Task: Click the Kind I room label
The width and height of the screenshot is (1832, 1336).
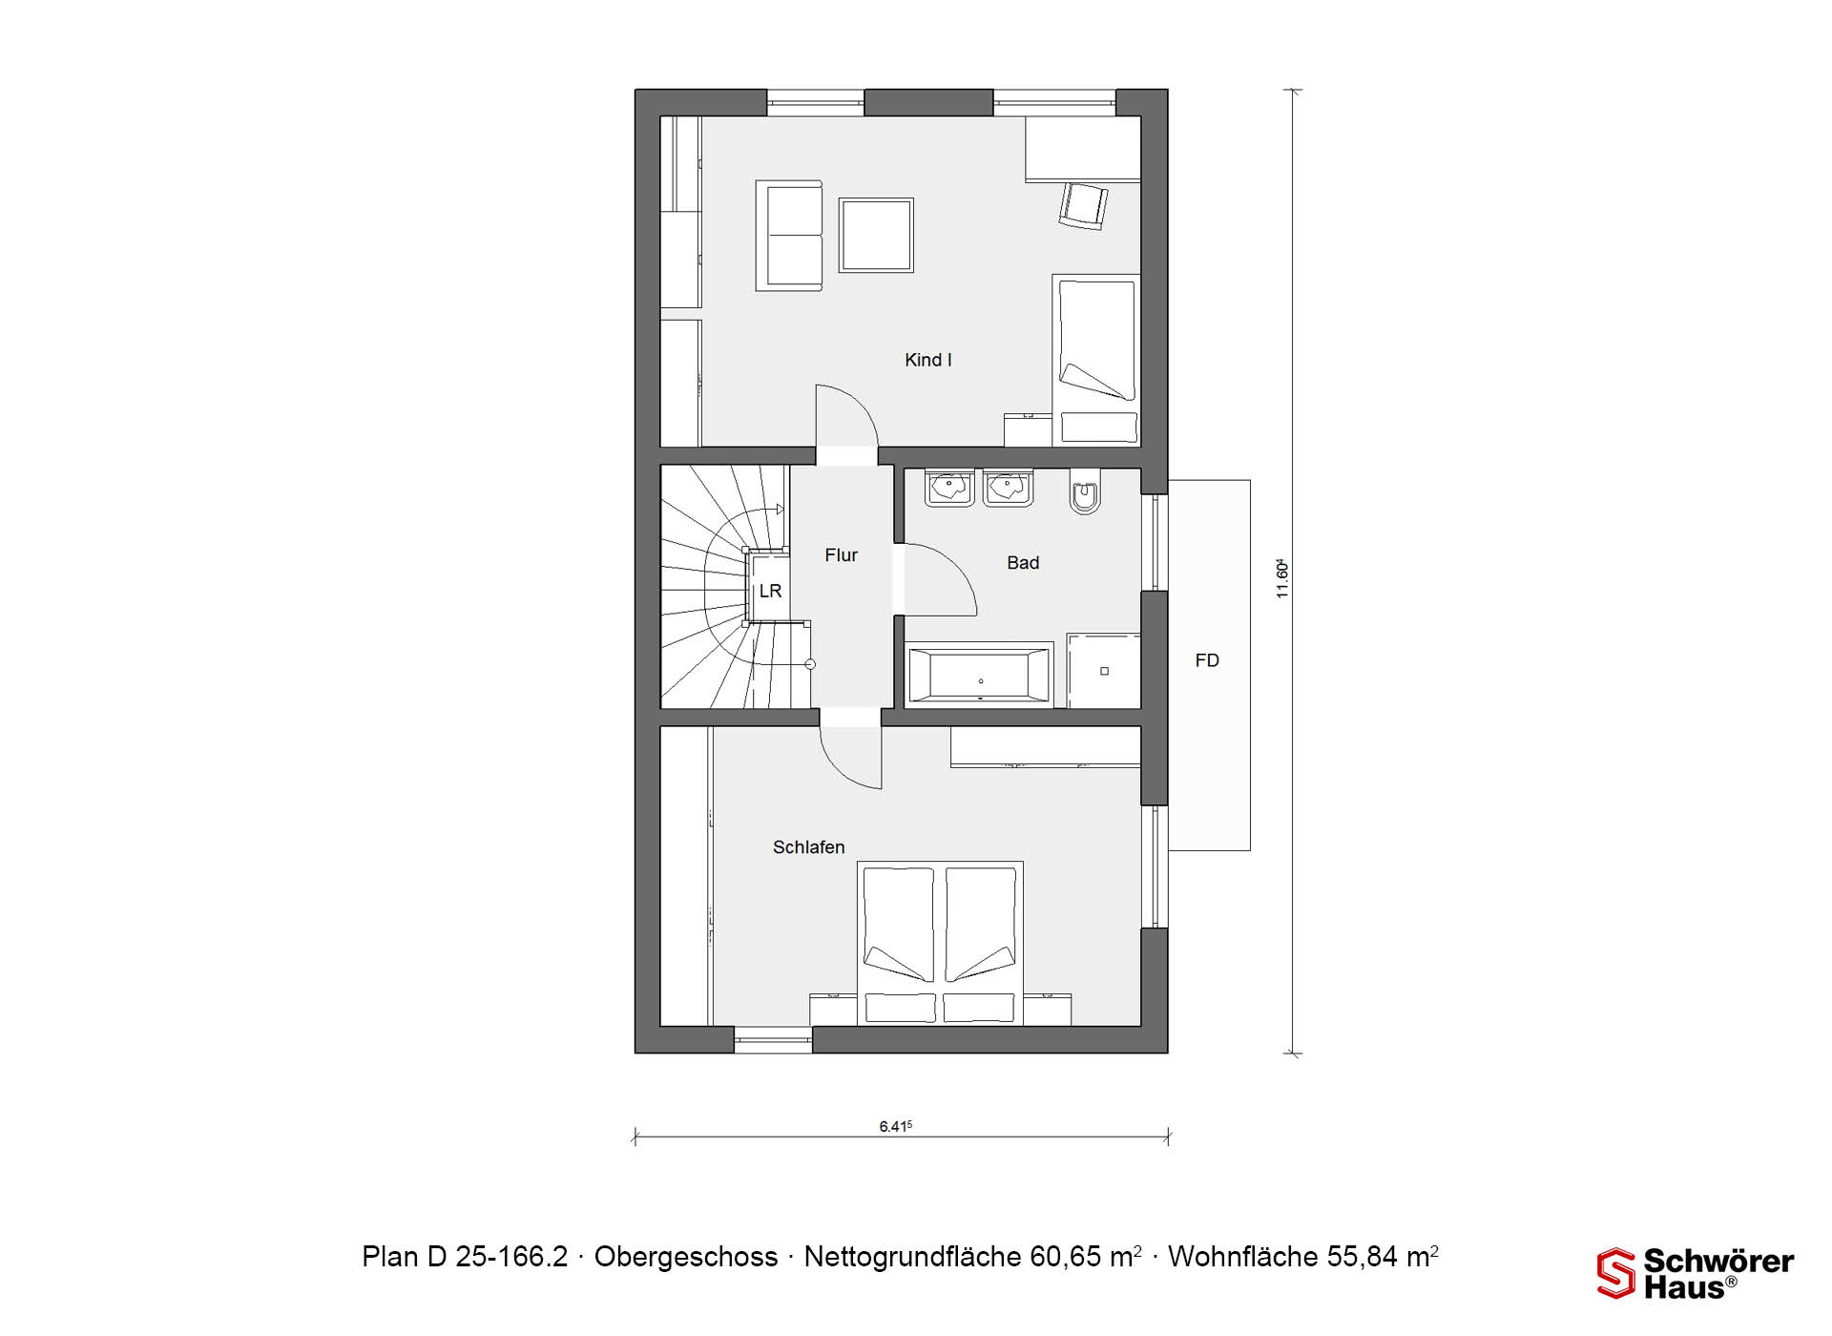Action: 927,360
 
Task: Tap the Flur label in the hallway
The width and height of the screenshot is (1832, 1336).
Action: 841,554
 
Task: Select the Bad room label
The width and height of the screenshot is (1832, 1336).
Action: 1023,563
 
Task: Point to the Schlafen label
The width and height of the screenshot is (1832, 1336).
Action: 808,847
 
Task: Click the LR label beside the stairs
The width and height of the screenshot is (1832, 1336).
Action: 770,591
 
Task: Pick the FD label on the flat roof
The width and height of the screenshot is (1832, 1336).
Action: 1207,660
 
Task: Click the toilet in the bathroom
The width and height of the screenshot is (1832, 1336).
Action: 1085,492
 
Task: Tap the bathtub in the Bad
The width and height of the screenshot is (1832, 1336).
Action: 979,676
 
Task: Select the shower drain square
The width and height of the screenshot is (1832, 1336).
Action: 1104,672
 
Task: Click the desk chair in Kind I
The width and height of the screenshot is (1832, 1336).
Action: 1083,206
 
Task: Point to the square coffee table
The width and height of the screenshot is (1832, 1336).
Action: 876,235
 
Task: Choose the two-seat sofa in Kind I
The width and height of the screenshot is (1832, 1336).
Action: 789,235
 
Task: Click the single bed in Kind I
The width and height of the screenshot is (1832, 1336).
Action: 1096,360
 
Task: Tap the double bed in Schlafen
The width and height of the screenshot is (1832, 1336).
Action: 941,943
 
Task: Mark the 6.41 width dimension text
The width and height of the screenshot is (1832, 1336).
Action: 895,1126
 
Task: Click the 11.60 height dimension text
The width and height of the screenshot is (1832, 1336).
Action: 1282,578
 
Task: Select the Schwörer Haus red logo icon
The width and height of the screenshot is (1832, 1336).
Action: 1616,1273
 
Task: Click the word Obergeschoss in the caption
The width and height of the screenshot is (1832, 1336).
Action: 686,1257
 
